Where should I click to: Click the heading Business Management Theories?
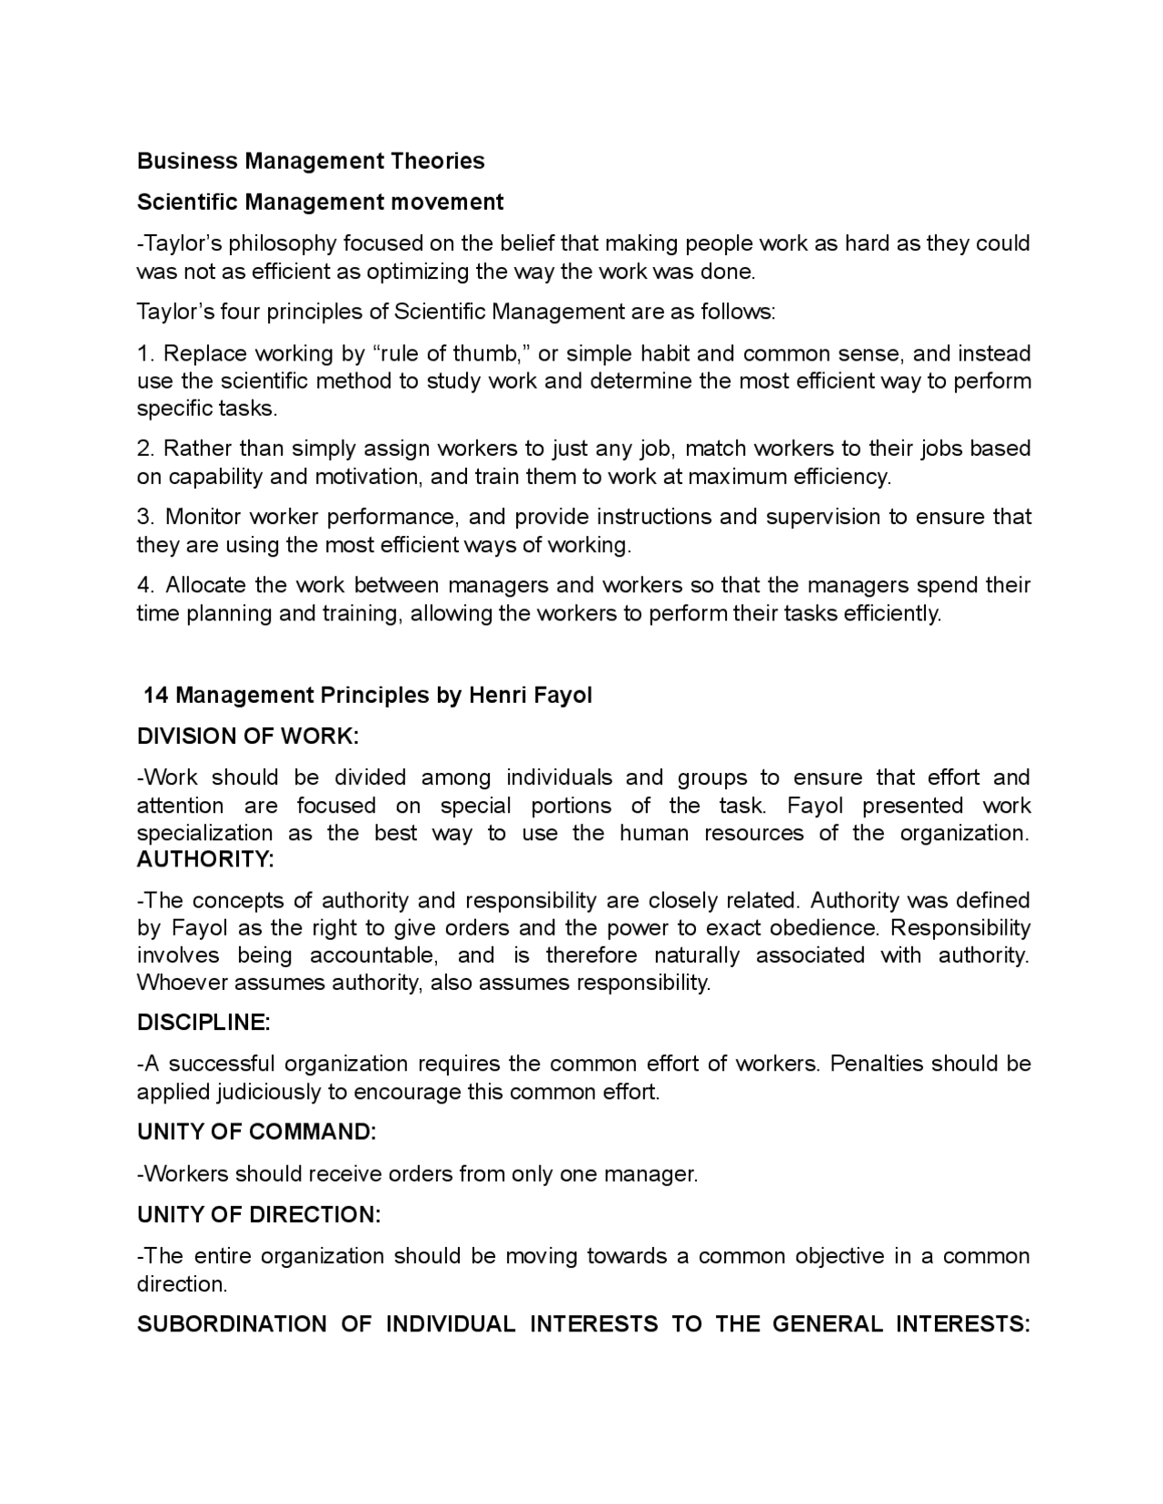(x=311, y=161)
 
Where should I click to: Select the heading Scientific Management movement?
(x=320, y=202)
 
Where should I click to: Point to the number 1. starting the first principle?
(x=145, y=353)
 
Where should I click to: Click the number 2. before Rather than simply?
(x=146, y=449)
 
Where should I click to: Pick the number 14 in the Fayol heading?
(x=156, y=696)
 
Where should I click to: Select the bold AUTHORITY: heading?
(x=205, y=859)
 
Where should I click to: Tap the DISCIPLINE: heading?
(x=204, y=1023)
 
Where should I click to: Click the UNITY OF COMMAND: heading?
(x=256, y=1133)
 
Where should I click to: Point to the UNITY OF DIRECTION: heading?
(x=259, y=1215)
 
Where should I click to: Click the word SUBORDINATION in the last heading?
(x=232, y=1324)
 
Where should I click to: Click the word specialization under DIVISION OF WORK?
(x=204, y=834)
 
